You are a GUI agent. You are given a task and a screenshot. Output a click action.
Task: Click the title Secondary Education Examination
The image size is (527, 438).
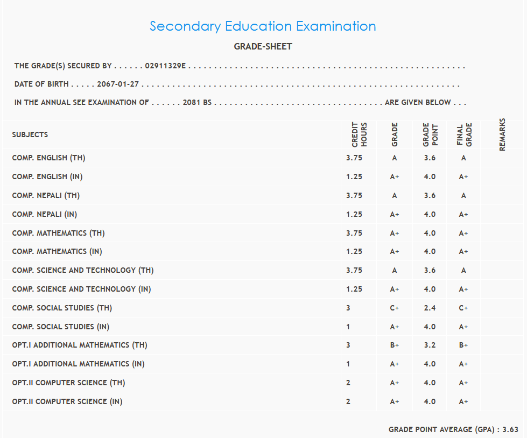point(263,26)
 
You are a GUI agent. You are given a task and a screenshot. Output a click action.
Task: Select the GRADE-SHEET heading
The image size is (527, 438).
point(263,47)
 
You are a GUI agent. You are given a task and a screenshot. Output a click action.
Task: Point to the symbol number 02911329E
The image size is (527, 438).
point(165,66)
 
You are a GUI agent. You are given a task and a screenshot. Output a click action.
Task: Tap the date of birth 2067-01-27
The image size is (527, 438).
point(118,84)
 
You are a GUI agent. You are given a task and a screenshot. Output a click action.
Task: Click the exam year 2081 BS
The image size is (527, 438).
point(197,102)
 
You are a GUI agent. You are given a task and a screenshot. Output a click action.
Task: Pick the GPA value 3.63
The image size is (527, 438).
point(510,429)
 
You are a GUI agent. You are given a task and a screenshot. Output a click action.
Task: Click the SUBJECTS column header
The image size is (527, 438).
point(30,135)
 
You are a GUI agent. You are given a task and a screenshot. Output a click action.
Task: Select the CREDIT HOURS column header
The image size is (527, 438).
point(359,135)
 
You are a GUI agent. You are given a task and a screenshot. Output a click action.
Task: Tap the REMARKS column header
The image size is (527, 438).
point(502,135)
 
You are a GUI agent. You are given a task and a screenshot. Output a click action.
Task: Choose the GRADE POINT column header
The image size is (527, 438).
point(430,135)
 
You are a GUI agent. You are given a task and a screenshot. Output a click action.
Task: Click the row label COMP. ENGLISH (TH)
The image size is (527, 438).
point(48,158)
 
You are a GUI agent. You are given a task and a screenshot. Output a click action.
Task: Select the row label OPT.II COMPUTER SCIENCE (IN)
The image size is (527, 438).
point(67,401)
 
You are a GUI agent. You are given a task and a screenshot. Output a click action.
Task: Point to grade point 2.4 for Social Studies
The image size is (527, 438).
point(430,308)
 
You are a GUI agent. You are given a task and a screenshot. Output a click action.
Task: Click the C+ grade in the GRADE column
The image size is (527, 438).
point(395,308)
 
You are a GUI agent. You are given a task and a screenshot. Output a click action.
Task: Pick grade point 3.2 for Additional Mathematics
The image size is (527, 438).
point(430,345)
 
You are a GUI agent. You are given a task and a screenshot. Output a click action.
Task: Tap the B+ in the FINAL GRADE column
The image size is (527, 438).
point(463,345)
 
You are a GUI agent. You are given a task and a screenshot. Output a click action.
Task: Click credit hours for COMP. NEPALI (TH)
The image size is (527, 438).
point(354,196)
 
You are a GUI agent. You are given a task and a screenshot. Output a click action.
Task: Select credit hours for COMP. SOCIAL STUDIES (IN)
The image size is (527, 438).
point(348,327)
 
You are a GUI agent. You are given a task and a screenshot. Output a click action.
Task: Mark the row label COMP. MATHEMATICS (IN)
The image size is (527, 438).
point(57,251)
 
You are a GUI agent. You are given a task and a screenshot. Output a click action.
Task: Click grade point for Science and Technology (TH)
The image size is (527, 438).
point(430,271)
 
